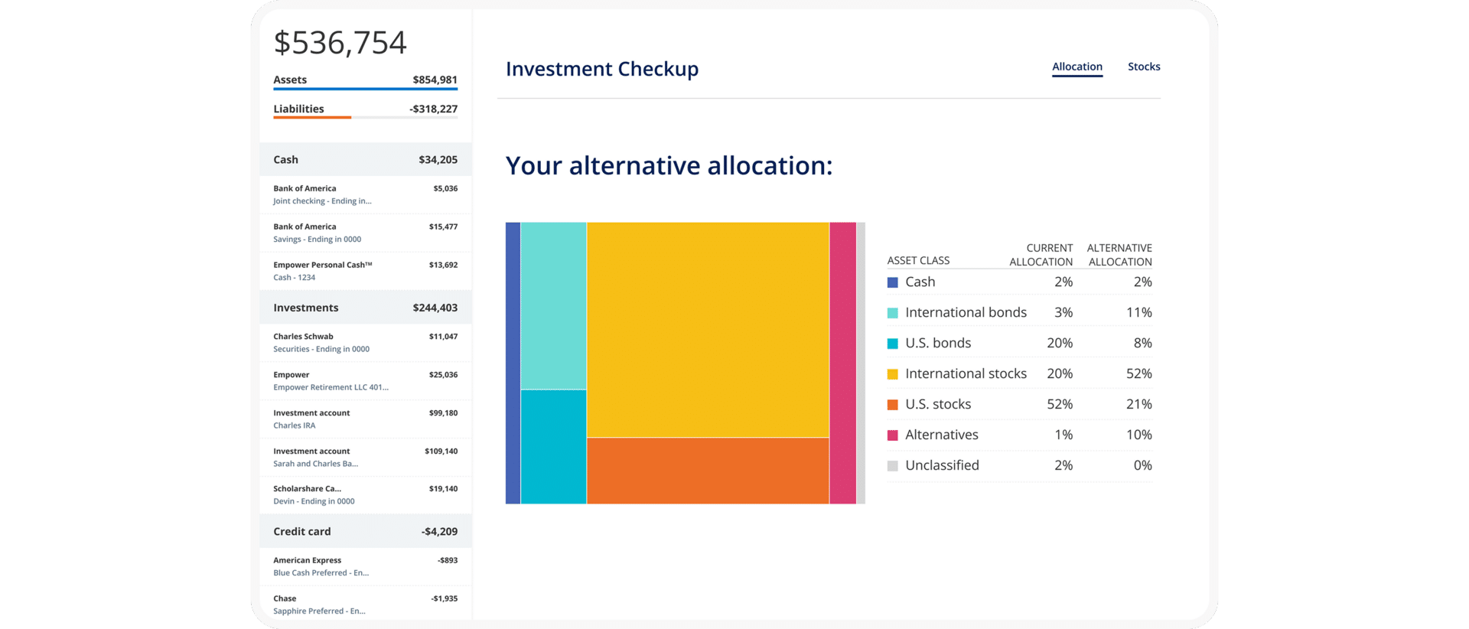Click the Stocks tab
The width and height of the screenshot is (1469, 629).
tap(1143, 67)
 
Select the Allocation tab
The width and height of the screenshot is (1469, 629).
tap(1077, 67)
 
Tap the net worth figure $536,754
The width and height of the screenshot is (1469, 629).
tap(340, 43)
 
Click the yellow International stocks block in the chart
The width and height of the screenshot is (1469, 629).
tap(708, 329)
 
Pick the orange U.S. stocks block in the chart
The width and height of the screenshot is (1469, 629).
tap(708, 471)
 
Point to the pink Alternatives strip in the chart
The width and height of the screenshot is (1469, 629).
tap(842, 363)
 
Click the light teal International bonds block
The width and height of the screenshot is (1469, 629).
tap(553, 305)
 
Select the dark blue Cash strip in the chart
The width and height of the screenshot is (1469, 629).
tap(513, 363)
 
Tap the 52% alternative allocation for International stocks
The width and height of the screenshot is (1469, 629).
tap(1138, 373)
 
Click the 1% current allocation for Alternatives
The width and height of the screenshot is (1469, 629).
tap(1063, 435)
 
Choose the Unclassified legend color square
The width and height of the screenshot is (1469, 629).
tap(892, 466)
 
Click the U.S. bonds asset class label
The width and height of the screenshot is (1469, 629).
tap(937, 343)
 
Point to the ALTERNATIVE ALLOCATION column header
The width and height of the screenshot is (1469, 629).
tap(1119, 255)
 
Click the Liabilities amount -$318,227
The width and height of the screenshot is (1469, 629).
tap(433, 109)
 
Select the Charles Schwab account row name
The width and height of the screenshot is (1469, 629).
tap(303, 336)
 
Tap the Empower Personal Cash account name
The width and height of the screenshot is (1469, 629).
tap(322, 265)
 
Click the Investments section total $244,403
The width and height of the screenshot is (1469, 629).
tap(435, 308)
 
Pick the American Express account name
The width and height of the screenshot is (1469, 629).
tap(307, 560)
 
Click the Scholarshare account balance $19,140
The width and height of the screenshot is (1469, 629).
tap(443, 489)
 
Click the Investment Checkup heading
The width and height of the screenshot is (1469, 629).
tap(601, 69)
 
